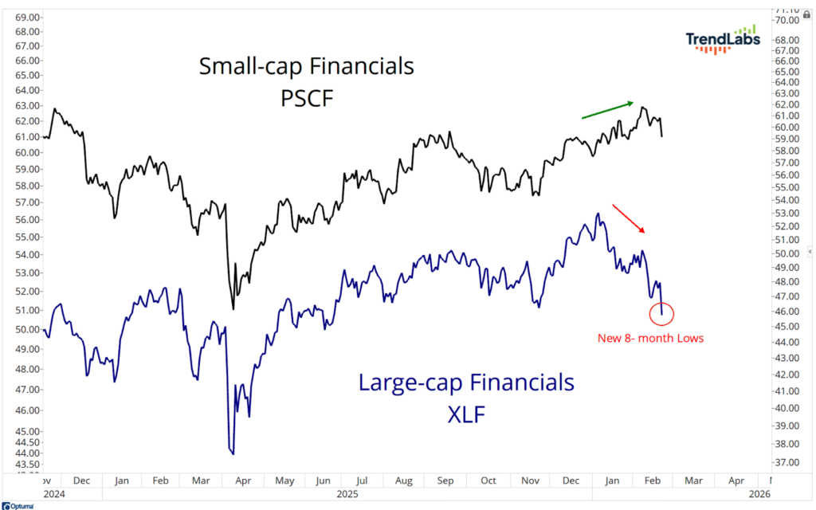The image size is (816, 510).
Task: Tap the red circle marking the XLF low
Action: pos(662,312)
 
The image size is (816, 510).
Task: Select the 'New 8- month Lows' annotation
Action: pos(650,338)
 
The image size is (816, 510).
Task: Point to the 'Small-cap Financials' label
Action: pos(307,65)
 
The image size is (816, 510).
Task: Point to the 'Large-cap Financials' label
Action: pos(466,382)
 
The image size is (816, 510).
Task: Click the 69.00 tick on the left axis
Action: pos(29,17)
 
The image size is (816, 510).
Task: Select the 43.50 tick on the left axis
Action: pos(29,464)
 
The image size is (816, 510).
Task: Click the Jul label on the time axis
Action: pos(362,481)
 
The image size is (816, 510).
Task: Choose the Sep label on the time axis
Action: pos(445,481)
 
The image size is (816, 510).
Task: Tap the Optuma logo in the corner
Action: pos(18,505)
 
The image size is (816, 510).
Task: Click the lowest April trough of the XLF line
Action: pos(233,453)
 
